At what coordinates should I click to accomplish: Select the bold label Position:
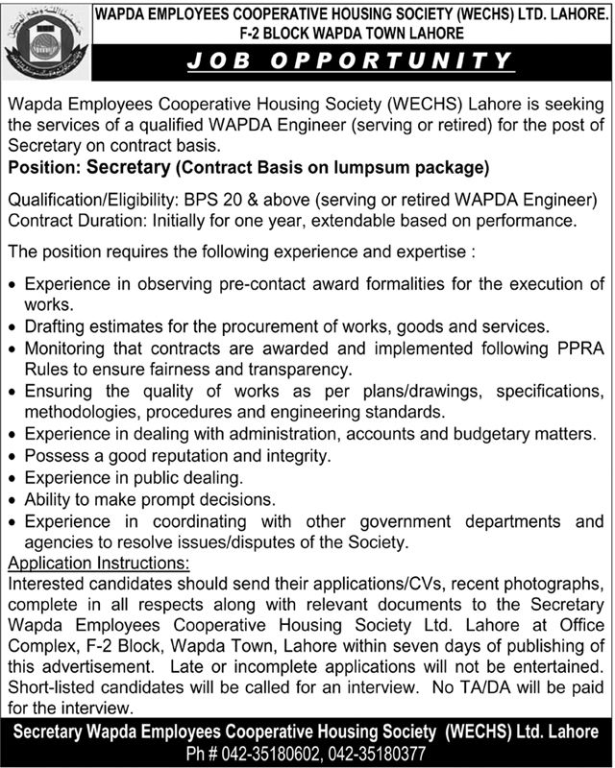pos(43,169)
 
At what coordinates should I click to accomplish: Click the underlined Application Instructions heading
pos(98,562)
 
